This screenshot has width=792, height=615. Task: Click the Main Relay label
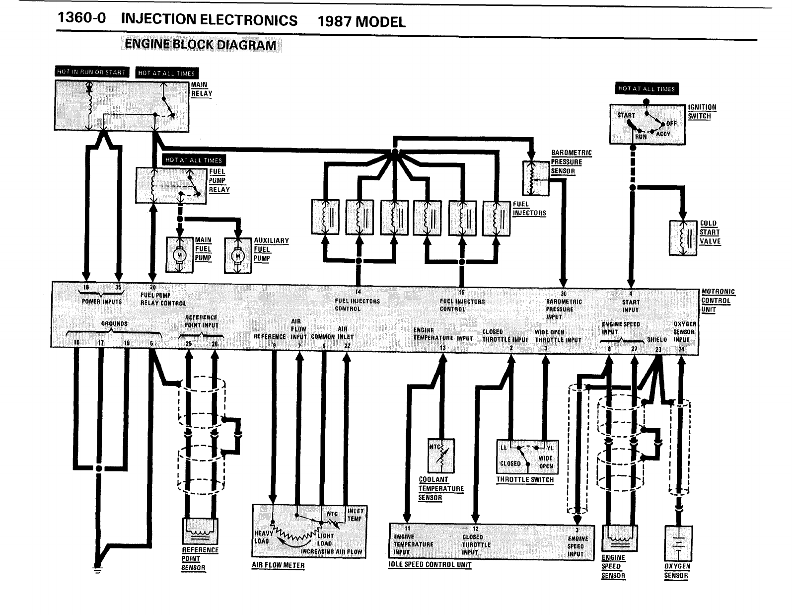coord(202,89)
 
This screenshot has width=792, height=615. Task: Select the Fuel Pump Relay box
coord(171,185)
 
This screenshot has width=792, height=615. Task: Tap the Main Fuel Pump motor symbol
coord(179,255)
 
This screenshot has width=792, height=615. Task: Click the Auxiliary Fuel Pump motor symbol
coord(238,255)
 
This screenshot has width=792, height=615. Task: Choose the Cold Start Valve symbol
coord(683,238)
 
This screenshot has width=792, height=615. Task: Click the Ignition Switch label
coord(702,112)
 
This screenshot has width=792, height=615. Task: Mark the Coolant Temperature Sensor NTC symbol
coord(441,455)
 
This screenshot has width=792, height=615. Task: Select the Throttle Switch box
coord(525,457)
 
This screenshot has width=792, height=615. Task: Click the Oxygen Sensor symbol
coord(678,544)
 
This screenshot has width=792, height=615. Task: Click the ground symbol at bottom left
coord(98,568)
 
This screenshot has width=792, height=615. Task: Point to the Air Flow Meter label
coord(278,565)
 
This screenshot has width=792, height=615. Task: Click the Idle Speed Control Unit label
coord(430,565)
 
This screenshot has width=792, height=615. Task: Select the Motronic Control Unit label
coord(718,301)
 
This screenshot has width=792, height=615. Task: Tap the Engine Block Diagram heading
coord(201,45)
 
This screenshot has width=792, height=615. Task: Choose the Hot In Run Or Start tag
coord(91,72)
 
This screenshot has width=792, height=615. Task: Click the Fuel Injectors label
coord(529,209)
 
